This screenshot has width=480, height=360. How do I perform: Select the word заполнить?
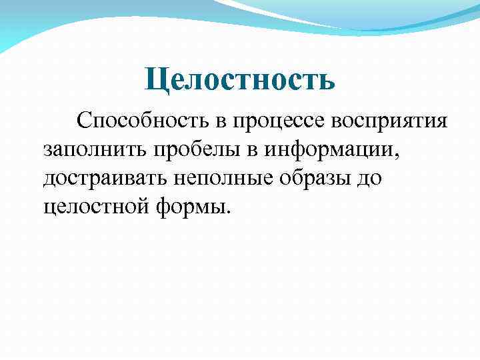pos(96,149)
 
